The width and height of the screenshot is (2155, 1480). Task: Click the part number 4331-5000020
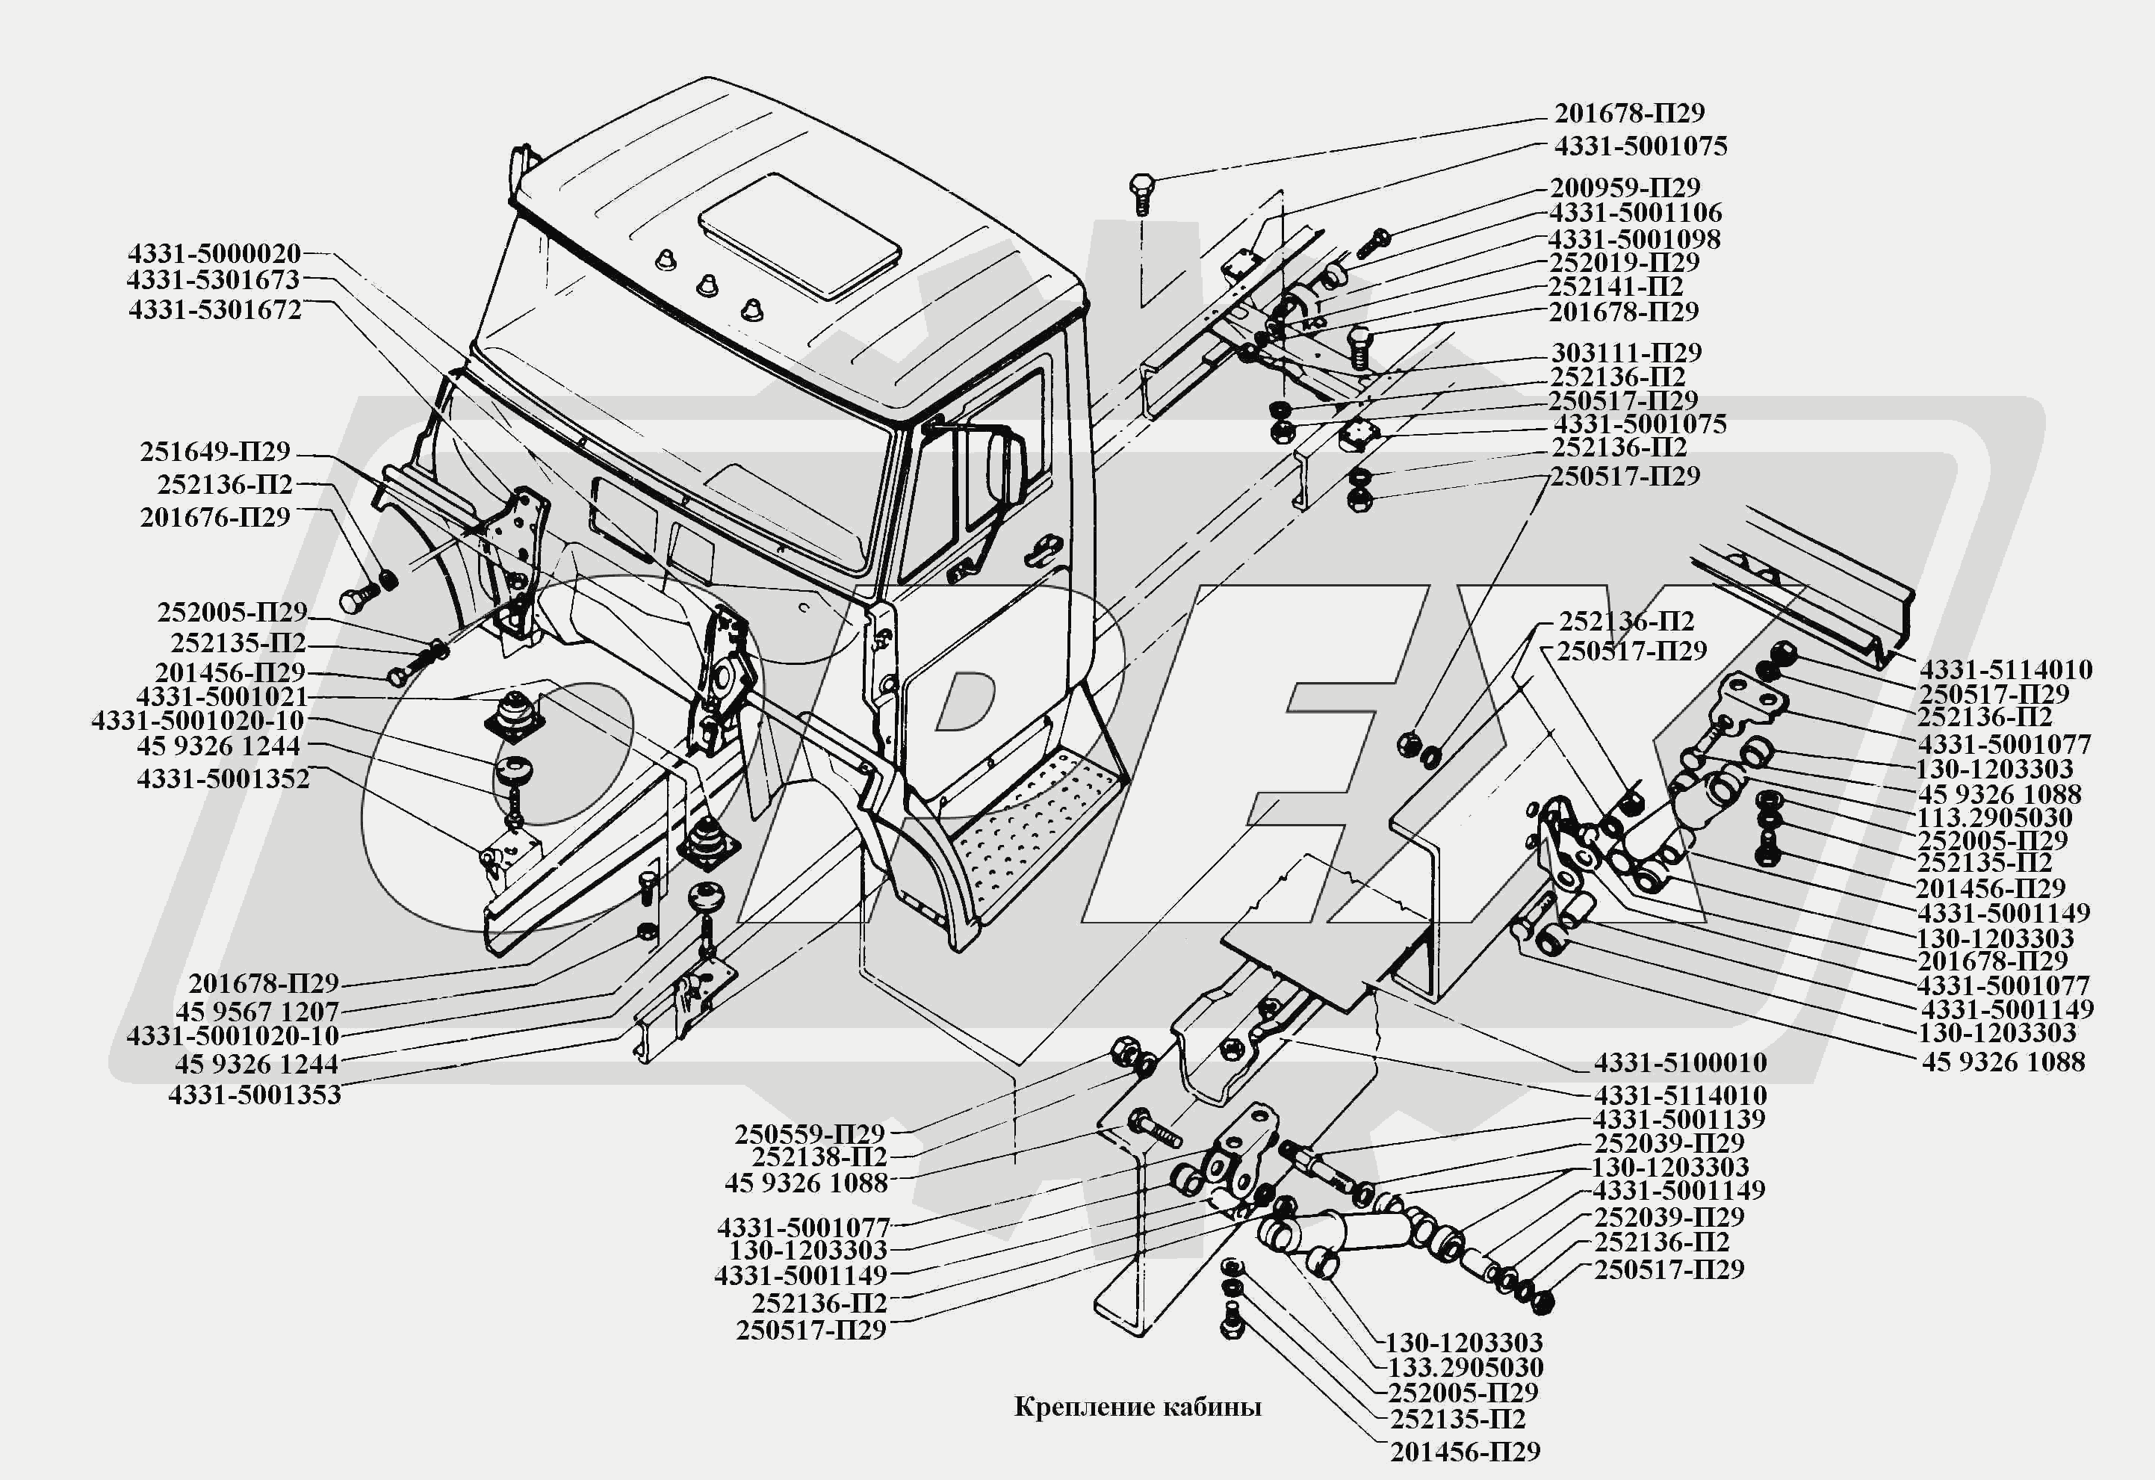pos(214,253)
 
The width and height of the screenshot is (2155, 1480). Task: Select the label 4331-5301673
pos(214,280)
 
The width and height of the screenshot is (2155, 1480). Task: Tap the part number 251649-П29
pos(215,451)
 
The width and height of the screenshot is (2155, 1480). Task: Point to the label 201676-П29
pos(215,518)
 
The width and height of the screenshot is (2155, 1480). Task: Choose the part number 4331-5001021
pos(222,696)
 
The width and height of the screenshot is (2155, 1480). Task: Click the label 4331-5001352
pos(223,779)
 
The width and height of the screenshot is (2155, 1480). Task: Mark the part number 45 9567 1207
pos(257,1011)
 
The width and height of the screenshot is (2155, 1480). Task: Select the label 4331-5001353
pos(254,1094)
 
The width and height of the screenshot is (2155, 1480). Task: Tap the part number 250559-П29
pos(810,1134)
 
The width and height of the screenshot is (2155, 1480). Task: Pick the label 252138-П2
pos(819,1157)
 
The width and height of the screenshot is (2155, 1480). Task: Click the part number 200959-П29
pos(1625,188)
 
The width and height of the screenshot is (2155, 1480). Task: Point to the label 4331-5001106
pos(1635,212)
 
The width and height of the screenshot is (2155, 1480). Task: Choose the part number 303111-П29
pos(1625,353)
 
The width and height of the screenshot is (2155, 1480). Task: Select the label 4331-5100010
pos(1680,1062)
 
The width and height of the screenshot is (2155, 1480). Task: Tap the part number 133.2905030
pos(1465,1367)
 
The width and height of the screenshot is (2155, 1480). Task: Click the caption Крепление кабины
pos(1138,1408)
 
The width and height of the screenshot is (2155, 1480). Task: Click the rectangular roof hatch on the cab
pos(799,235)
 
